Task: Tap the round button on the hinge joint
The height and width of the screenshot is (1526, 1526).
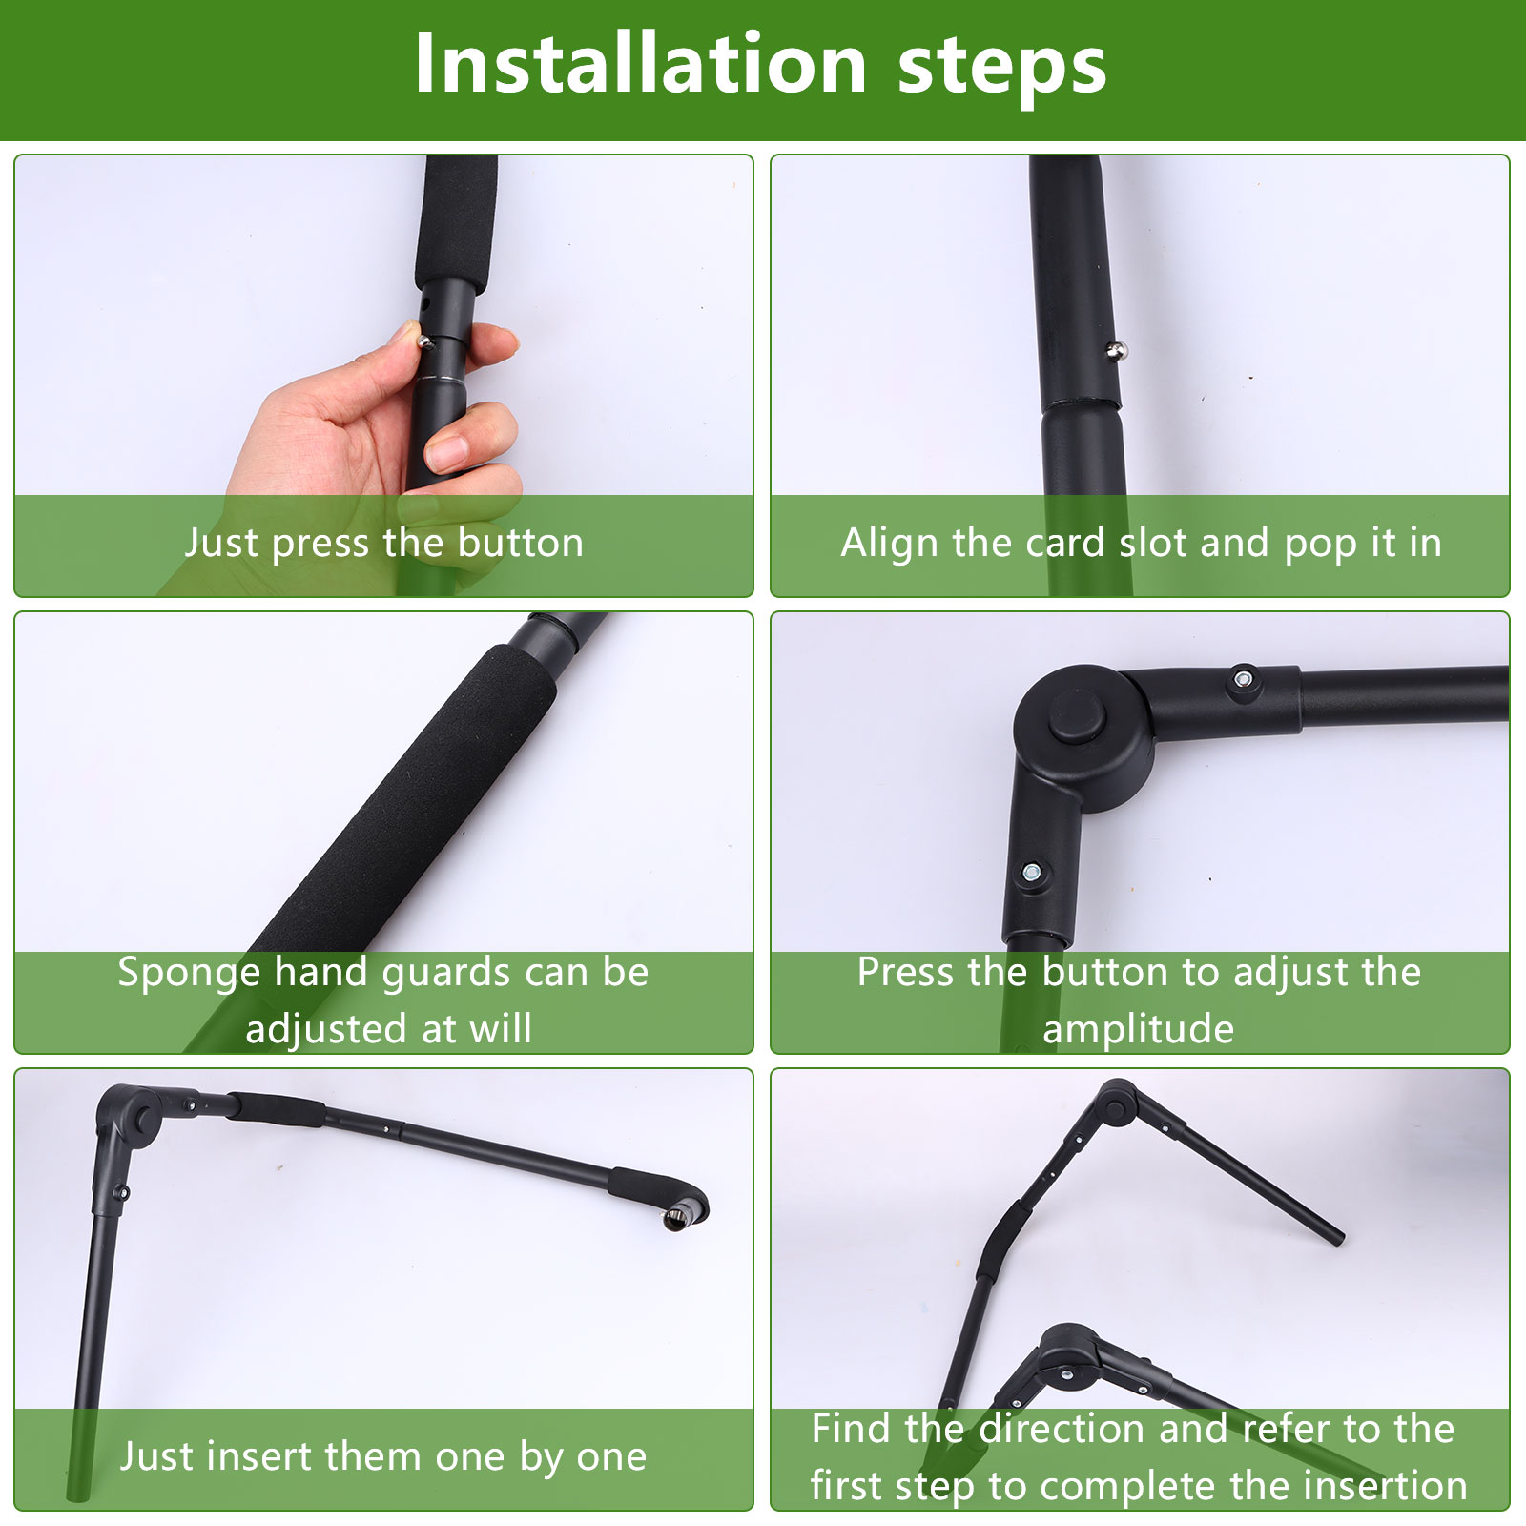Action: pos(1076,716)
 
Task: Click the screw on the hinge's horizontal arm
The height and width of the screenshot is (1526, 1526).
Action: pos(1242,679)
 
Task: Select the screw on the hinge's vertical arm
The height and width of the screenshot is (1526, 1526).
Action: pos(1031,872)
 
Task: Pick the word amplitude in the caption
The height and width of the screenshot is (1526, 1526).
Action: pos(1139,1030)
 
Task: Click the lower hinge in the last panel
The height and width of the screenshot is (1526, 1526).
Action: pos(1065,1352)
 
